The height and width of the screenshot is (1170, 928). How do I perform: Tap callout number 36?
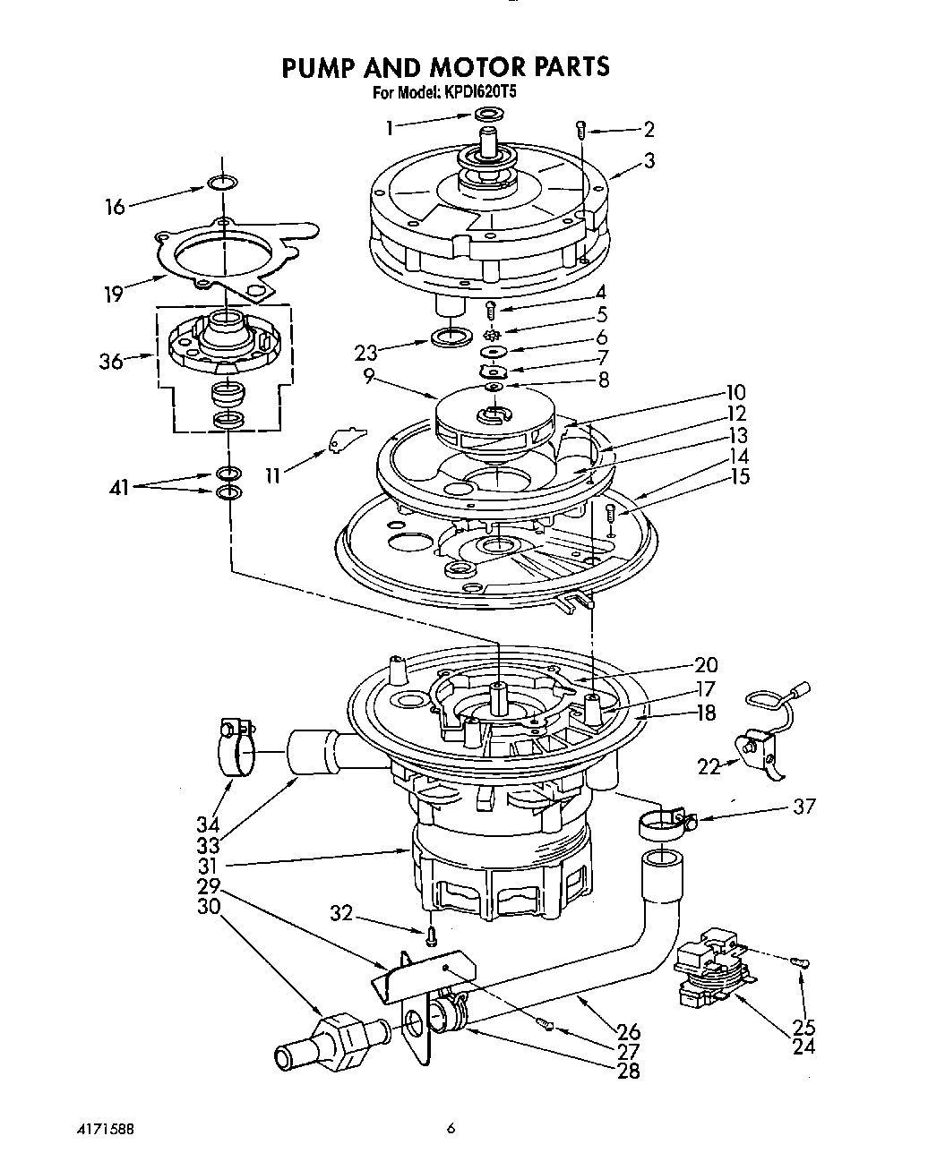pyautogui.click(x=111, y=363)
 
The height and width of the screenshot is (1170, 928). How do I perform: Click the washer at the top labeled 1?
pyautogui.click(x=488, y=114)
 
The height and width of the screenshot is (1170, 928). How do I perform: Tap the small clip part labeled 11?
pyautogui.click(x=346, y=437)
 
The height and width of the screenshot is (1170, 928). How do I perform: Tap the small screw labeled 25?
pyautogui.click(x=800, y=961)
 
